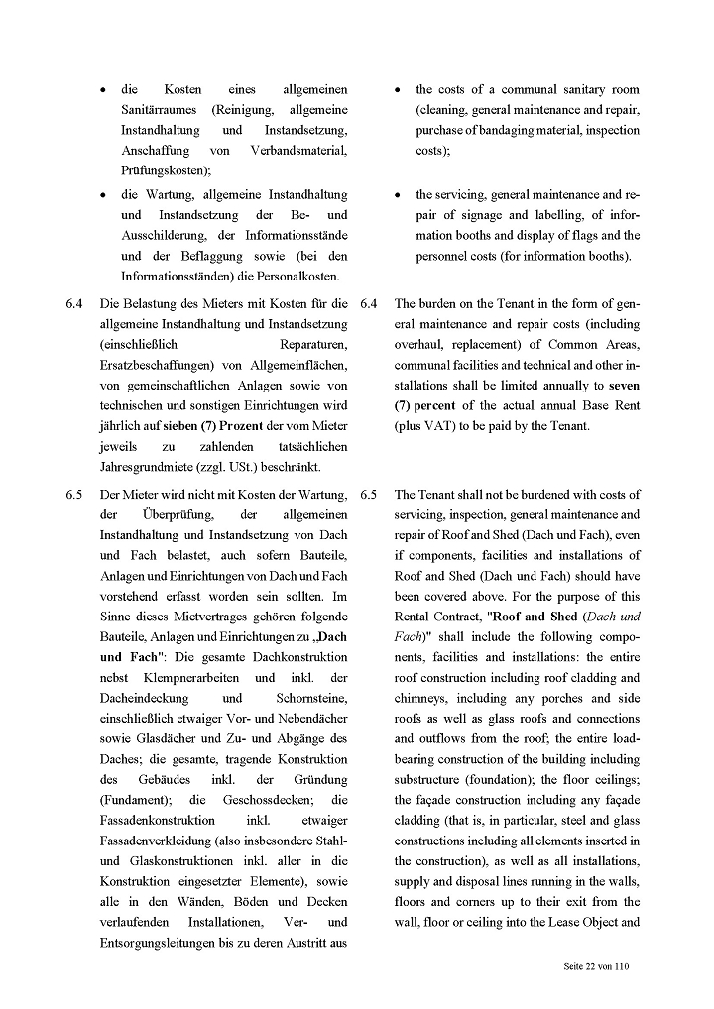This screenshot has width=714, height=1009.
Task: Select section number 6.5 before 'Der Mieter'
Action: [x=73, y=494]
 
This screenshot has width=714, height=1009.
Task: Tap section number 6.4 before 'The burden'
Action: [x=369, y=303]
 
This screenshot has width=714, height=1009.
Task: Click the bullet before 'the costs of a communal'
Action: [x=398, y=90]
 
